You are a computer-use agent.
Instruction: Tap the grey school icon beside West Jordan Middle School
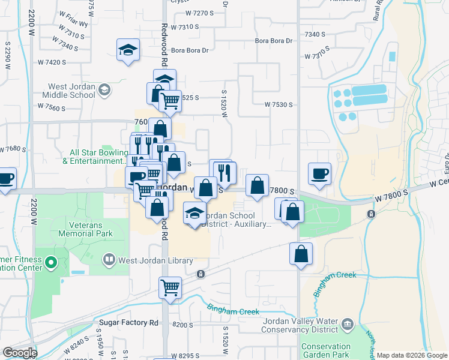104,90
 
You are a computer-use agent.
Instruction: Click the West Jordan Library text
155,260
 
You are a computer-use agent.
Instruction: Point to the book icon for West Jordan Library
109,260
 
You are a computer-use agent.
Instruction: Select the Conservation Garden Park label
326,350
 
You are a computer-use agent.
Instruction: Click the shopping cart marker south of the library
170,288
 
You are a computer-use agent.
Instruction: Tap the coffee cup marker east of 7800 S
319,174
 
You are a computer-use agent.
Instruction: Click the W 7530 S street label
279,104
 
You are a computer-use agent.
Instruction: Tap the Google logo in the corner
20,353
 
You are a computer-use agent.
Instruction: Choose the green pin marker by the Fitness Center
51,262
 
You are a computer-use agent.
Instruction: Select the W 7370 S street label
318,56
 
